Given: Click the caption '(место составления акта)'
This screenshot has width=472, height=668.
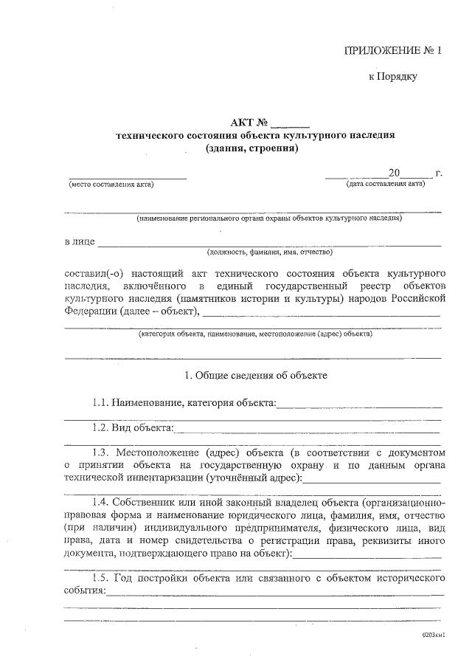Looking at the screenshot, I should (111, 185).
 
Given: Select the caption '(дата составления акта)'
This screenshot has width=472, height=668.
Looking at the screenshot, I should (385, 185).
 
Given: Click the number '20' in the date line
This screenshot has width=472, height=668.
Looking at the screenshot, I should (394, 173).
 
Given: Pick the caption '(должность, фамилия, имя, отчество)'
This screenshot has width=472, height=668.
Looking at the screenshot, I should (270, 252).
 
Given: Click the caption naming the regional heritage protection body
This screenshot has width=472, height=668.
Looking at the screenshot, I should (268, 218).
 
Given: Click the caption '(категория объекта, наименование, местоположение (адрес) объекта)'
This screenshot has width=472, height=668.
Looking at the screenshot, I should (255, 334).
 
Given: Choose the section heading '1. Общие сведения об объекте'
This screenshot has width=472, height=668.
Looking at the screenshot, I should (255, 375).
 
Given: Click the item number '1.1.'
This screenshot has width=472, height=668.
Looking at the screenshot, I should (100, 403).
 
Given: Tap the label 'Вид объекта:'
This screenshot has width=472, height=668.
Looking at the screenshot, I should (143, 427).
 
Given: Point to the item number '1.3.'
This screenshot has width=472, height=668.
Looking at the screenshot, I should (101, 452).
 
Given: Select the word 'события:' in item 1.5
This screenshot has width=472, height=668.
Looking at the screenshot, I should (85, 591).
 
